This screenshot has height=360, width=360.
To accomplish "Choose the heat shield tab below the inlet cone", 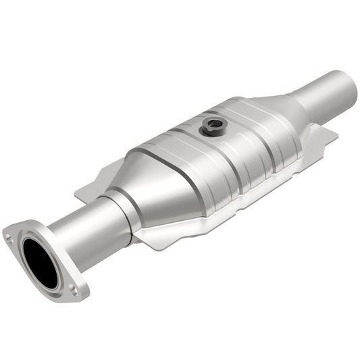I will pyautogui.click(x=155, y=233).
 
